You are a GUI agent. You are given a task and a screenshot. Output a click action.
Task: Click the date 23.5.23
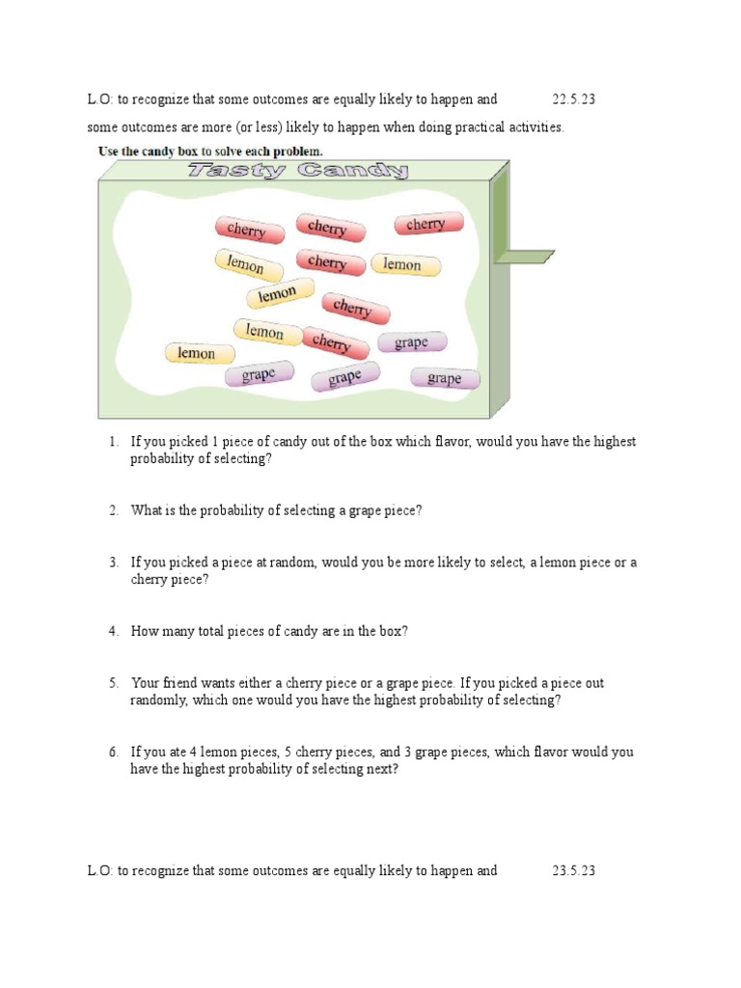tap(574, 870)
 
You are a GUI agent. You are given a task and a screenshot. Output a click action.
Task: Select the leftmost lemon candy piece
tap(199, 353)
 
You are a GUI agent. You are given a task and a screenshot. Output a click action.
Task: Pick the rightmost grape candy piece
tap(444, 378)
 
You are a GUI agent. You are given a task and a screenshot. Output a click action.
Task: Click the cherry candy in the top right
tap(427, 224)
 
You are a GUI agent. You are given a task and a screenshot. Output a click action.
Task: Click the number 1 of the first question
tap(113, 442)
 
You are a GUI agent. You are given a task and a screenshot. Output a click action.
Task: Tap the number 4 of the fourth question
tap(113, 631)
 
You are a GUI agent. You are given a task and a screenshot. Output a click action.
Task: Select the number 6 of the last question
tap(113, 752)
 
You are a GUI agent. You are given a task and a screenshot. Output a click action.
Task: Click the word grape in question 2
tap(365, 511)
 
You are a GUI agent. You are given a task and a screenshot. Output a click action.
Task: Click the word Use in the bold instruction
tap(111, 151)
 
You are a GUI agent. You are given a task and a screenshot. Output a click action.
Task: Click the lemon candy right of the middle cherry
tap(405, 264)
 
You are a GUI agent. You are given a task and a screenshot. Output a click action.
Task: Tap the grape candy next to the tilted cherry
tap(411, 343)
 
